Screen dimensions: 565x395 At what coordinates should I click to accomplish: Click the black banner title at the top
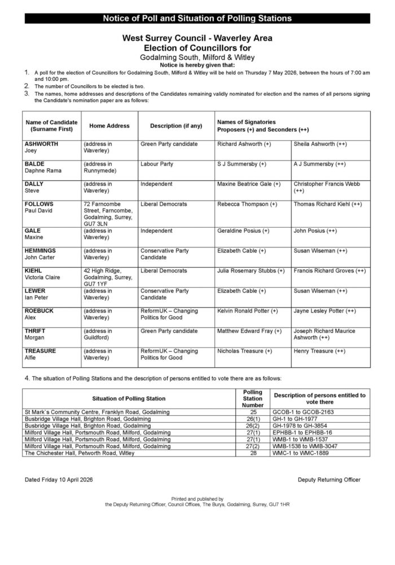(x=197, y=19)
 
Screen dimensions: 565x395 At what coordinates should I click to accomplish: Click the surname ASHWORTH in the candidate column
(x=41, y=144)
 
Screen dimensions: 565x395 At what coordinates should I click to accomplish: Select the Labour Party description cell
(x=157, y=164)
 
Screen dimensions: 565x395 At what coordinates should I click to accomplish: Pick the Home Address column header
(x=106, y=126)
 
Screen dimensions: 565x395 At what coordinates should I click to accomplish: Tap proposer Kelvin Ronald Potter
(x=247, y=311)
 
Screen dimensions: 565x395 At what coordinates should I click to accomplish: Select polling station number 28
(x=252, y=453)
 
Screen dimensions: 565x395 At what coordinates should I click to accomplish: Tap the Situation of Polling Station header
(x=129, y=398)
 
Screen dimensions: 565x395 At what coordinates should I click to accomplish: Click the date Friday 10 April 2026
(x=59, y=480)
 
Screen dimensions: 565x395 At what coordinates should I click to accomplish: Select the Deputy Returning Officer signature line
(x=329, y=480)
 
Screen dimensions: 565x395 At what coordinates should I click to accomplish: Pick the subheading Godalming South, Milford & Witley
(x=197, y=58)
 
